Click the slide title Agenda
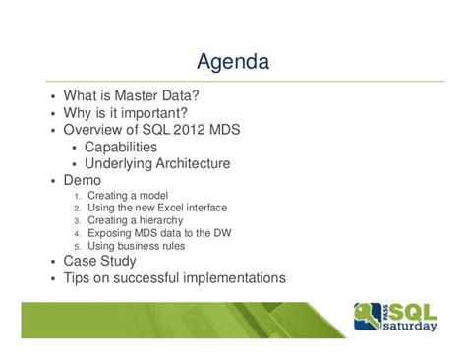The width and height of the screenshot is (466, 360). (x=232, y=63)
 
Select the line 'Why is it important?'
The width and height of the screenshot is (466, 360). (x=125, y=114)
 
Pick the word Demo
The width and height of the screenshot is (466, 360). (x=83, y=181)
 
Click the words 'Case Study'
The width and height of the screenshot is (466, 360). (x=101, y=262)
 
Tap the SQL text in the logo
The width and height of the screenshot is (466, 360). (x=416, y=314)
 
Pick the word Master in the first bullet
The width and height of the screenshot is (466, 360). (x=135, y=97)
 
